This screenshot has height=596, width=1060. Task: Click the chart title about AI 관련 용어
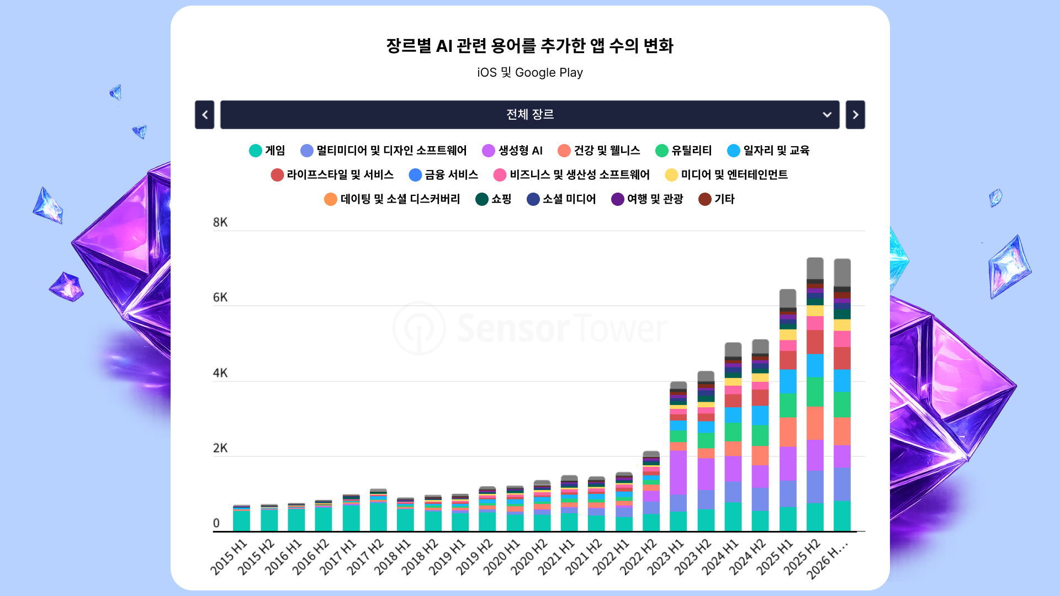click(529, 45)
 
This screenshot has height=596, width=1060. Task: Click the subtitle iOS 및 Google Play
click(530, 72)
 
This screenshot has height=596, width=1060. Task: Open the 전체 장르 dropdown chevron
click(827, 115)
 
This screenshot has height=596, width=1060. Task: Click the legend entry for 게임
click(267, 151)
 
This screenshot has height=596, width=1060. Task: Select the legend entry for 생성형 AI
click(512, 151)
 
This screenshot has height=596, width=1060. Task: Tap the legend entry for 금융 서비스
click(443, 175)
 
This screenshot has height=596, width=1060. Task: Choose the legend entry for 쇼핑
click(494, 199)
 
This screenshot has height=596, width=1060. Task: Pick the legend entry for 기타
click(717, 199)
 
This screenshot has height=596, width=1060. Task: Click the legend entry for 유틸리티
click(683, 151)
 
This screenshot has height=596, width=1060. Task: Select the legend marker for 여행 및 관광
click(618, 199)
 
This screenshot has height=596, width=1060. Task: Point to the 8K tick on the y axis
click(220, 222)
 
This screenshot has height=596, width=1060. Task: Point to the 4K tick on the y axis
click(220, 373)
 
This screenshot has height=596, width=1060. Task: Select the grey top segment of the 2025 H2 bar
click(815, 269)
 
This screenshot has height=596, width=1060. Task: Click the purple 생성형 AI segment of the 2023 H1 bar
click(679, 472)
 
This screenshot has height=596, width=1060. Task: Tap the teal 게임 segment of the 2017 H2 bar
click(378, 517)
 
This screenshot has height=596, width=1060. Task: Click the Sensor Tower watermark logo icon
click(419, 328)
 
